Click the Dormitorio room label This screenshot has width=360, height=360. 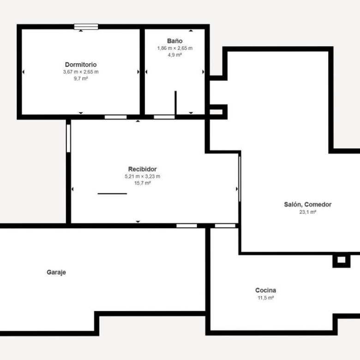[x=81, y=65]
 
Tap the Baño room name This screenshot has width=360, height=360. [x=175, y=41]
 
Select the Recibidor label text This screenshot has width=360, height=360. [x=142, y=169]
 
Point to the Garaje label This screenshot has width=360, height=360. [x=56, y=272]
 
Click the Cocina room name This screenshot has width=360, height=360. [x=266, y=290]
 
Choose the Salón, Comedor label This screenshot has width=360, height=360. [x=308, y=204]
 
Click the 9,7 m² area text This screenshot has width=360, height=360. [x=81, y=78]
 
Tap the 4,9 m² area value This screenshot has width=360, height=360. [x=175, y=55]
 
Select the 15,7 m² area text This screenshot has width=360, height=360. [x=142, y=183]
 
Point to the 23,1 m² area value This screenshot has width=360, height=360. [x=308, y=212]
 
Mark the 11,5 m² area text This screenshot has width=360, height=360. [x=266, y=298]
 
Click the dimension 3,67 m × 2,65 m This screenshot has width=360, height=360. [x=81, y=72]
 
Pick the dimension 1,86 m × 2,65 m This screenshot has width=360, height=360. [x=175, y=48]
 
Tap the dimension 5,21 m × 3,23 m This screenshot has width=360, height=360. [x=142, y=176]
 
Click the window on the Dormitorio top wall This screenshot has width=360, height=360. [x=86, y=27]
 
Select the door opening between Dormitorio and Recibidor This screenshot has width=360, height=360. [x=116, y=117]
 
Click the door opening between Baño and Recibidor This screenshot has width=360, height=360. [x=164, y=117]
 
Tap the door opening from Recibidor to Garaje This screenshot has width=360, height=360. [x=186, y=226]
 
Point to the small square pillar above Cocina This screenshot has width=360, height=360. [x=342, y=260]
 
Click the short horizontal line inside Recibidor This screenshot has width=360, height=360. [x=112, y=194]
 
